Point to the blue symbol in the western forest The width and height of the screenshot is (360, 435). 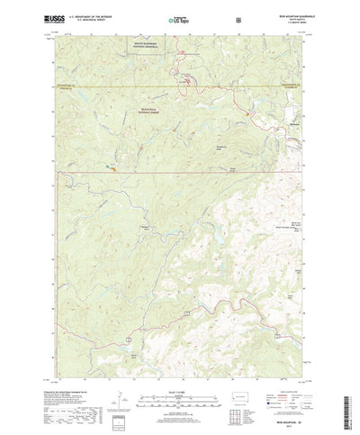point(112,165)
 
